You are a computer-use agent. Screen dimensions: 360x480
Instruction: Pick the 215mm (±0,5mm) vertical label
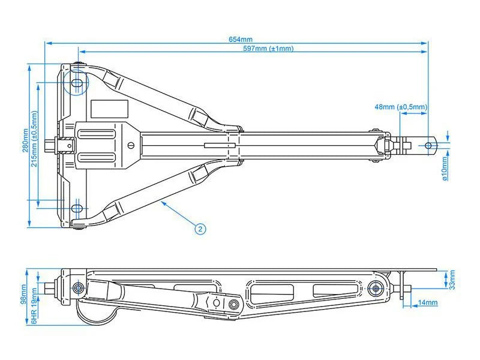coord(34,140)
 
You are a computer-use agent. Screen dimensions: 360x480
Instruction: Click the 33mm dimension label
coord(452,279)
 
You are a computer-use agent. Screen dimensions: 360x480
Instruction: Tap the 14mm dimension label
coord(428,303)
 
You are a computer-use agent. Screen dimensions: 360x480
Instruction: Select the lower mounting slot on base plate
coord(76,208)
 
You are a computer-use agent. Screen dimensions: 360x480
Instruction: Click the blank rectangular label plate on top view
coord(110,109)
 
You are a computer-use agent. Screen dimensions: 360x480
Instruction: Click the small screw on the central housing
coord(132,145)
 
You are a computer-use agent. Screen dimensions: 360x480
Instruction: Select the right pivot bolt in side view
coord(376,289)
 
